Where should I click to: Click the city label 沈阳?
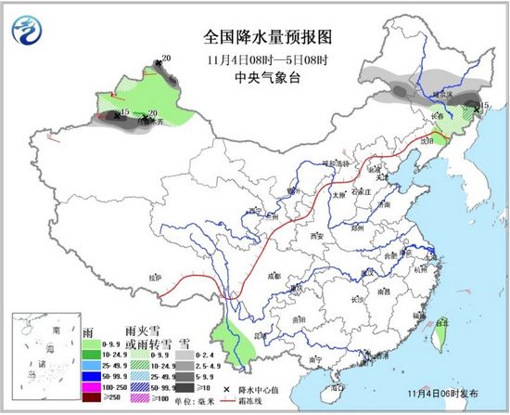click(427, 139)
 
